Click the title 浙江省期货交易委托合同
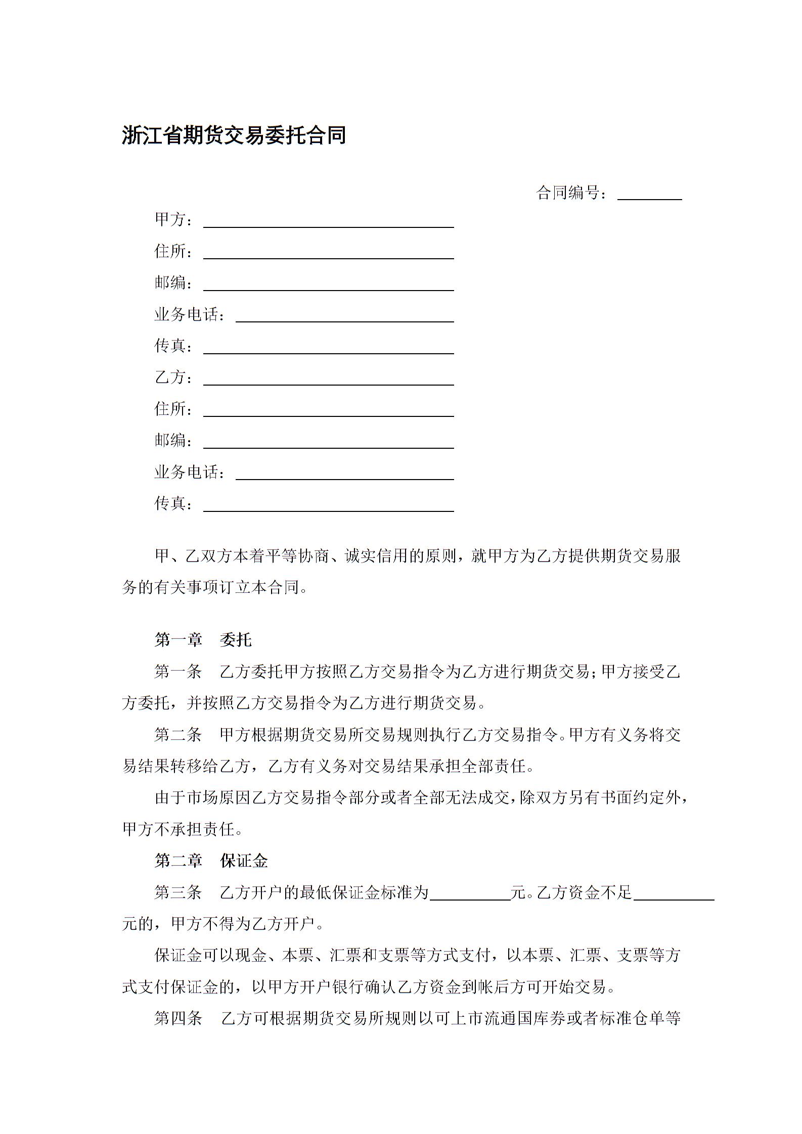(x=234, y=135)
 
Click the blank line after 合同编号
(x=649, y=195)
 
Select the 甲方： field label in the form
(x=173, y=220)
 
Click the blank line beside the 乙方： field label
(x=328, y=380)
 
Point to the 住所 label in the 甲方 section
(x=173, y=251)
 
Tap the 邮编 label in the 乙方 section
(x=173, y=440)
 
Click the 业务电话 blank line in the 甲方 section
(x=344, y=317)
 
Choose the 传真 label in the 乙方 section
(x=173, y=503)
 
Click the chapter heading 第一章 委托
(x=203, y=640)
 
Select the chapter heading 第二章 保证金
(x=211, y=861)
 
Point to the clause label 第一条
(x=178, y=672)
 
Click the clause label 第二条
(x=178, y=735)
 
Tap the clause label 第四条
(x=178, y=1018)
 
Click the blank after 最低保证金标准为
(x=470, y=894)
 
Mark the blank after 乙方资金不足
(x=674, y=894)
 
